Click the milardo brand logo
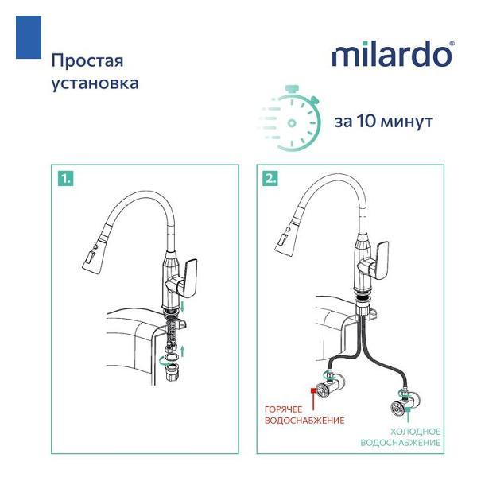point(393,54)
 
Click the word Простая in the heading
point(87,60)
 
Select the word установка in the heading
point(95,83)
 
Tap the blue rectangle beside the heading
point(29,37)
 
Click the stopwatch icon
point(290,118)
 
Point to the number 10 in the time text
point(366,121)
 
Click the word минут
point(407,122)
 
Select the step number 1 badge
point(66,178)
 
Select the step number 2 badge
point(270,178)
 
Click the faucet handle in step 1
point(184,278)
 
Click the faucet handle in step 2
point(375,261)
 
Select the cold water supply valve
point(405,402)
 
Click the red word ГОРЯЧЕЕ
point(283,409)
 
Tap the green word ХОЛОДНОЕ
point(415,432)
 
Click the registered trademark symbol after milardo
point(452,44)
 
